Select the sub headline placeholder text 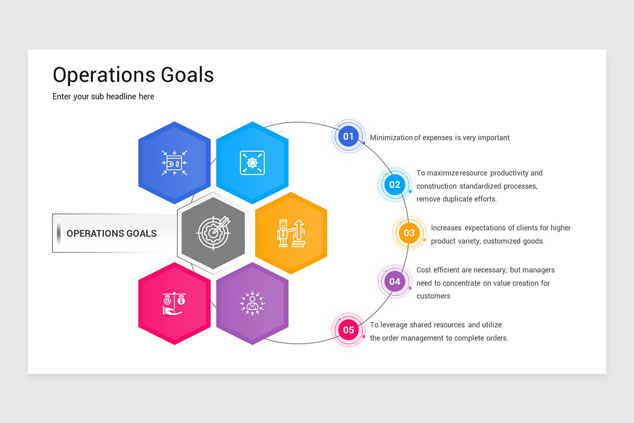[x=103, y=97]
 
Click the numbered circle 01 [x=348, y=136]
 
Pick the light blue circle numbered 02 [x=395, y=185]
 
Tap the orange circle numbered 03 [x=409, y=233]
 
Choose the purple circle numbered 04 [x=395, y=282]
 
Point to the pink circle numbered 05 [x=348, y=330]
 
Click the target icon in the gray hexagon [x=213, y=231]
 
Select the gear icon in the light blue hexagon [x=252, y=162]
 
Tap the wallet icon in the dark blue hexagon [x=174, y=162]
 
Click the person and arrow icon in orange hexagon [x=291, y=233]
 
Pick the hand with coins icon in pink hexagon [x=174, y=304]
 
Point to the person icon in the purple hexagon [x=252, y=304]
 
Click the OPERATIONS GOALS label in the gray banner [x=111, y=233]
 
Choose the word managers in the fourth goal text [x=538, y=270]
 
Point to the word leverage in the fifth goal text [x=394, y=325]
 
